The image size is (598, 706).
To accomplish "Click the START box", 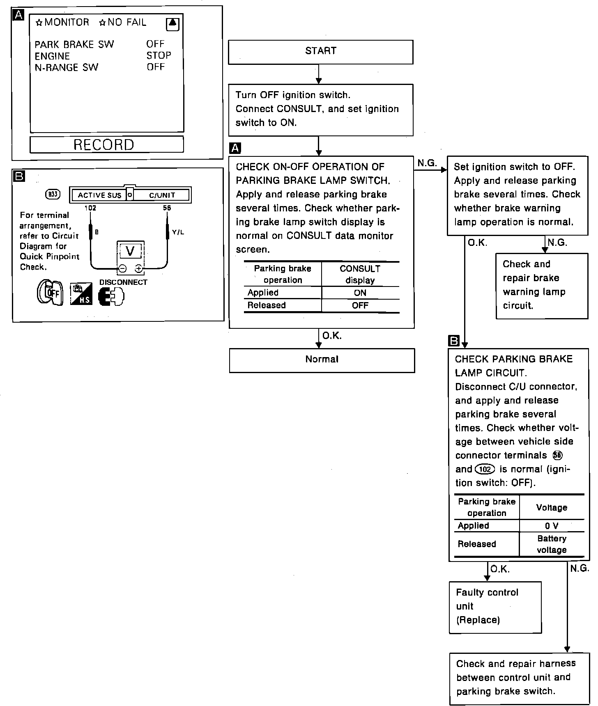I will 320,52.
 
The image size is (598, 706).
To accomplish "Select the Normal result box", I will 322,360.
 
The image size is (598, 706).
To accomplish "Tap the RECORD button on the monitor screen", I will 106,144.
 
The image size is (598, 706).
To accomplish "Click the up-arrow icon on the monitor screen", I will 172,24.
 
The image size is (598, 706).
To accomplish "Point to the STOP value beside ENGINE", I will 159,55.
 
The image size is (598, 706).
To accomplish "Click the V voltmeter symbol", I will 130,251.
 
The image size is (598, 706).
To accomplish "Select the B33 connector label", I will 53,194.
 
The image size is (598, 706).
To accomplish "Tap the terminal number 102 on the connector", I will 90,208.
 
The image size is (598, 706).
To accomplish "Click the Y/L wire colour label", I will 178,232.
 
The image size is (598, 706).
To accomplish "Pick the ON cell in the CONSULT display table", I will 360,293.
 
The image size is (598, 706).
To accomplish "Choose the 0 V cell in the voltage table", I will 552,526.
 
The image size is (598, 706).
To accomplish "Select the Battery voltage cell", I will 552,544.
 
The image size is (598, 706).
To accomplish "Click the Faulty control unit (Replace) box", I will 495,607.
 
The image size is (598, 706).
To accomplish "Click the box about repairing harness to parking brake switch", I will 519,678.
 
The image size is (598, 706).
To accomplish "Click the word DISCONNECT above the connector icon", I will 123,282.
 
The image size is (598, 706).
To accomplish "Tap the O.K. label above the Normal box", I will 332,336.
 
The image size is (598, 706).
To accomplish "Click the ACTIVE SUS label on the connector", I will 99,195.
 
